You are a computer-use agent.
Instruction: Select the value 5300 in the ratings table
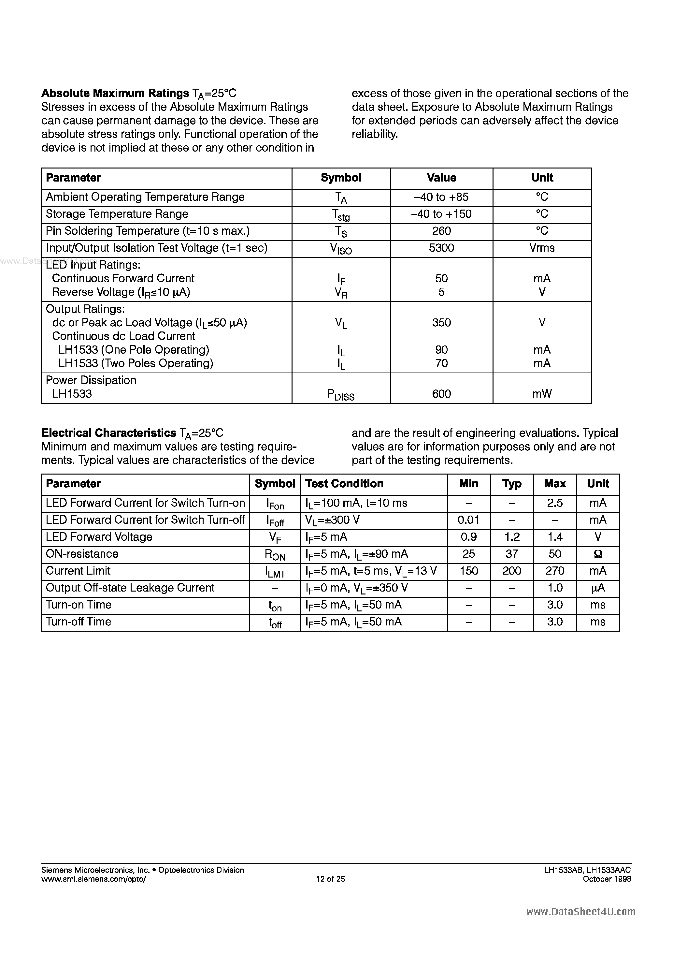[x=441, y=248]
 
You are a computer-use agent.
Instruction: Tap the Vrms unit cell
[x=542, y=248]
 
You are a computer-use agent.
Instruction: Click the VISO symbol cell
[x=341, y=249]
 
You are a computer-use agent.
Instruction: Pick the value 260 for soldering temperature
[x=441, y=231]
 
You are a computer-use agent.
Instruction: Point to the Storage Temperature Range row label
[x=117, y=214]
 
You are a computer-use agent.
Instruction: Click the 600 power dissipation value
[x=441, y=394]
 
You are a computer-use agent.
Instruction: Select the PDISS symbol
[x=341, y=395]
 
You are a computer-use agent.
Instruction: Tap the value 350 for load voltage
[x=441, y=323]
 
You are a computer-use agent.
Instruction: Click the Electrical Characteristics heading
[x=109, y=433]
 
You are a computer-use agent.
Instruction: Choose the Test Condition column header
[x=344, y=484]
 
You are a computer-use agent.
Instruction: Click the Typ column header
[x=512, y=484]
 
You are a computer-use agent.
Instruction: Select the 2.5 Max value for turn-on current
[x=555, y=503]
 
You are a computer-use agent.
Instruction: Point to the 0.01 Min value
[x=468, y=520]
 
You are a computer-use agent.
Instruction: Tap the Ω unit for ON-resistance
[x=598, y=554]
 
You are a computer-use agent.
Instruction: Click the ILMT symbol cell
[x=275, y=572]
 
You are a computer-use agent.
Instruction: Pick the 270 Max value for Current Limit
[x=555, y=571]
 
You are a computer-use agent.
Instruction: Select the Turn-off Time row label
[x=79, y=622]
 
